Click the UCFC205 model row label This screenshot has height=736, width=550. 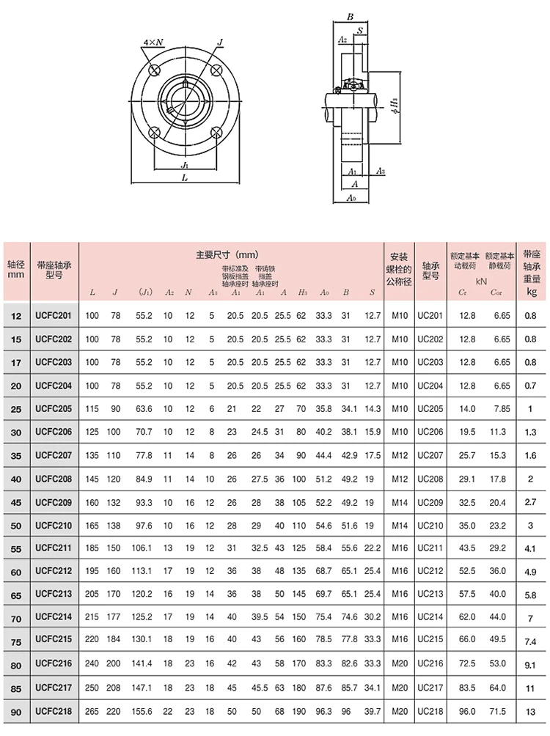54,408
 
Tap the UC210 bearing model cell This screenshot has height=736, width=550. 430,526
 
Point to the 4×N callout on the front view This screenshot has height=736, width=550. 153,43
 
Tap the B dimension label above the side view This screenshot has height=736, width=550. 350,16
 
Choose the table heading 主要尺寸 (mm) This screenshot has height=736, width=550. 228,255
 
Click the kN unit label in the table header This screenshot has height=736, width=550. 481,280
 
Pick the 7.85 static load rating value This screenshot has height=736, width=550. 502,408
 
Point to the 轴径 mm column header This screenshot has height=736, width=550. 15,269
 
